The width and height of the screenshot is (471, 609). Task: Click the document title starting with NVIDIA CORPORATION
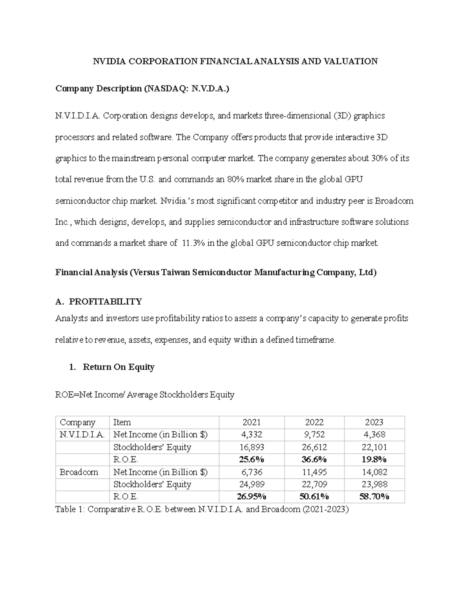point(235,61)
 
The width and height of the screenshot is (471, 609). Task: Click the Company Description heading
point(142,89)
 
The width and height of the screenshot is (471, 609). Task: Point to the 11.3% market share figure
point(193,243)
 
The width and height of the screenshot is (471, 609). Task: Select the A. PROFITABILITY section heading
point(99,302)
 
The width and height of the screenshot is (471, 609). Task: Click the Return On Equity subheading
point(118,367)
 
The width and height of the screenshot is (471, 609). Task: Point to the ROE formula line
point(144,394)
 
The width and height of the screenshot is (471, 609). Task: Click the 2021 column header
point(251,422)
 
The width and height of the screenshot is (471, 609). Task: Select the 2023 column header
point(374,422)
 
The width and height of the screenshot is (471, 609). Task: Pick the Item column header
point(122,422)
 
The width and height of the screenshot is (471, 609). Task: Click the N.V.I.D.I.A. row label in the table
point(82,435)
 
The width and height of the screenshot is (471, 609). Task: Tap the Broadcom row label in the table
point(78,472)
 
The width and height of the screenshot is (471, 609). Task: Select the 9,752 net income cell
point(314,435)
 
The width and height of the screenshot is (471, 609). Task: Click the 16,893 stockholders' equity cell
point(251,447)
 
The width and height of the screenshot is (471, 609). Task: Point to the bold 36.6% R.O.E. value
point(314,460)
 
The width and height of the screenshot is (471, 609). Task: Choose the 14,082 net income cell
point(374,472)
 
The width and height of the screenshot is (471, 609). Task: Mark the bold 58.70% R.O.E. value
point(374,497)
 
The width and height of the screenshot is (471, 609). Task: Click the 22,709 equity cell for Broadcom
point(314,485)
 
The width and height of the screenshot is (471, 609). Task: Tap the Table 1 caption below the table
point(202,509)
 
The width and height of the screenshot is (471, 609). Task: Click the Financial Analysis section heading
point(215,273)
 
